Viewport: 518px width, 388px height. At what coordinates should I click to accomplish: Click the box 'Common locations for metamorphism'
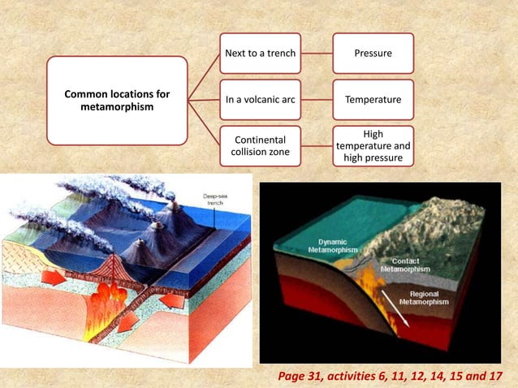point(117,101)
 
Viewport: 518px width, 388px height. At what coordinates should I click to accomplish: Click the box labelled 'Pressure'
point(373,54)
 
